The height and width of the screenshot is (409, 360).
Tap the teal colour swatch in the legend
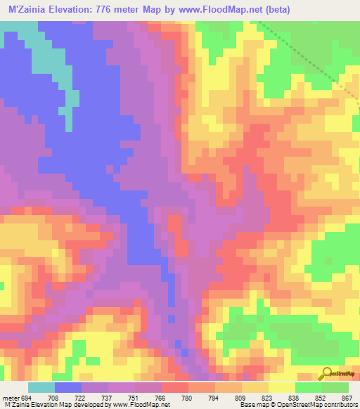[41, 387]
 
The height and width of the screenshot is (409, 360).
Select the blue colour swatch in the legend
[68, 387]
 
